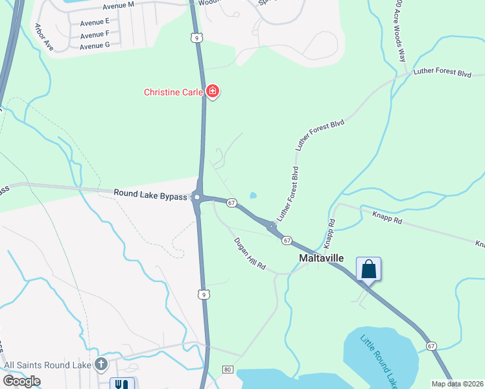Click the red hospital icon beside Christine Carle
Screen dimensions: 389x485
tap(212, 92)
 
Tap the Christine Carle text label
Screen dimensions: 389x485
tap(173, 92)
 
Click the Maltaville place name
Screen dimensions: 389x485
tap(325, 258)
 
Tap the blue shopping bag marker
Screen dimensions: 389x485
tap(368, 270)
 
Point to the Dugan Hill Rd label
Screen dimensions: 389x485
tap(250, 253)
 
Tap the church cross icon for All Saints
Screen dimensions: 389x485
tap(101, 364)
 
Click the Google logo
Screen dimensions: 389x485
tap(21, 381)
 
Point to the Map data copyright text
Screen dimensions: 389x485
tap(458, 384)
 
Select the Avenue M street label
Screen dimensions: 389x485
tap(117, 5)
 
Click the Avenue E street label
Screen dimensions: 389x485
tap(95, 22)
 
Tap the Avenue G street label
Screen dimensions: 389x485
tap(95, 45)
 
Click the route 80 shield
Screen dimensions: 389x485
tap(227, 370)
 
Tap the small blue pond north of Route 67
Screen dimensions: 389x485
tap(253, 195)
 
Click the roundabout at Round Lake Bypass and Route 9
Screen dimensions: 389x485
tap(197, 197)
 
